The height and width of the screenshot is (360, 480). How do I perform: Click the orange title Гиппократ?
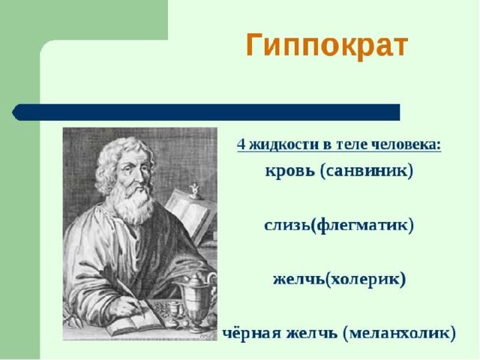(x=327, y=46)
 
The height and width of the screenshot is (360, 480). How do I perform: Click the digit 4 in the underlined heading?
(x=241, y=145)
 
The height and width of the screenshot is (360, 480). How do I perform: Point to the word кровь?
(x=290, y=171)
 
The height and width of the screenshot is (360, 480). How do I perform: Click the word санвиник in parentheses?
(x=367, y=171)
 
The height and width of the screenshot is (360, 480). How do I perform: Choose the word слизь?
(x=287, y=225)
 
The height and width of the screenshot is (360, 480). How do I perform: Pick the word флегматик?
(x=361, y=225)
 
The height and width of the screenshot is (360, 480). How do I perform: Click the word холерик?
(x=365, y=280)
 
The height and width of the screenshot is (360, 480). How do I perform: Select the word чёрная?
(x=251, y=333)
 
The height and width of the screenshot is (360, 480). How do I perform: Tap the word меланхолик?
(x=399, y=333)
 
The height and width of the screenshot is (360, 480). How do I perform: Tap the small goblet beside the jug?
(x=172, y=312)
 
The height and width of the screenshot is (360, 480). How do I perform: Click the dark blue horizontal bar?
(x=206, y=112)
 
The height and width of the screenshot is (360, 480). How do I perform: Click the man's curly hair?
(x=121, y=159)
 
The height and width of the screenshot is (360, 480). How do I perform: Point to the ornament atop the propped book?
(x=194, y=190)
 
